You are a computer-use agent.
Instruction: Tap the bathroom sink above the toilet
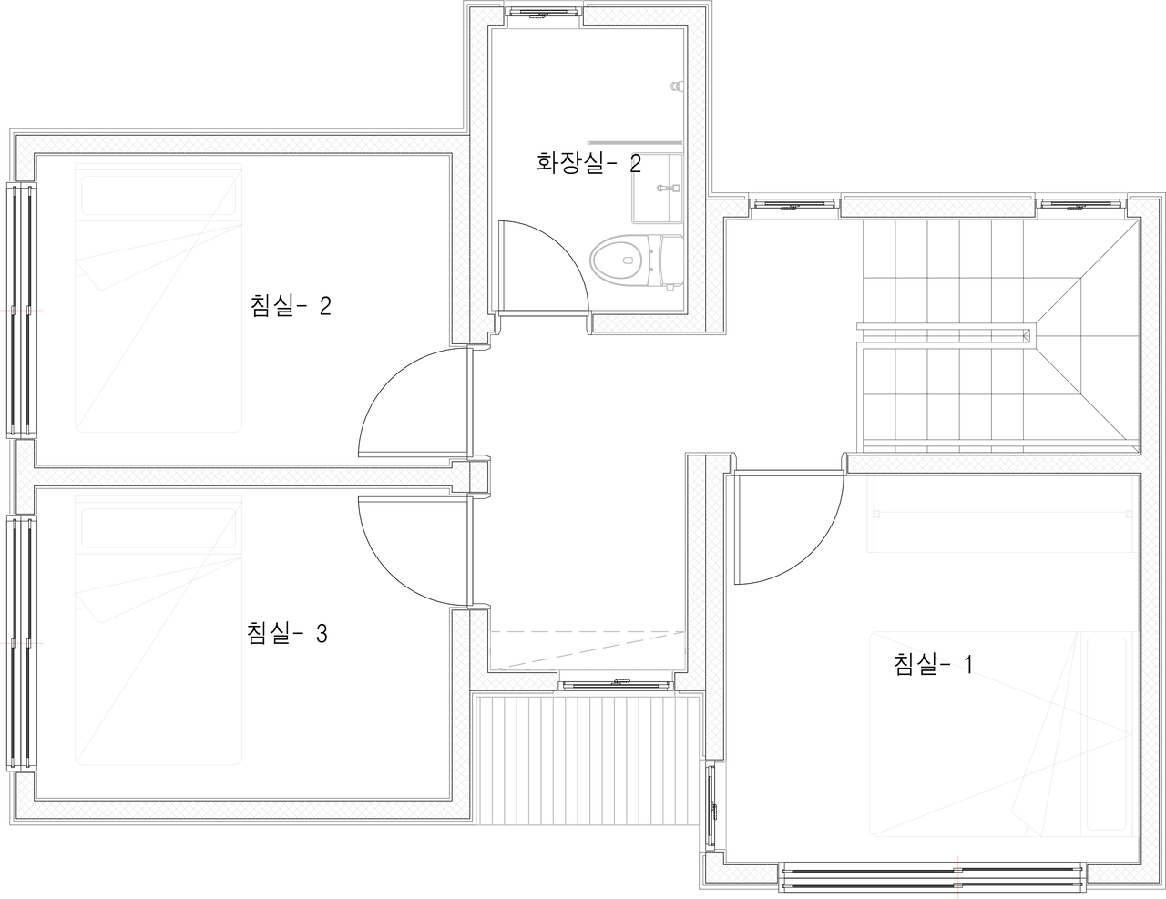coord(656,188)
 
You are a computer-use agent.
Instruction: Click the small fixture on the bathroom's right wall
coord(677,87)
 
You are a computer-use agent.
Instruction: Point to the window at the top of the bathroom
coord(543,16)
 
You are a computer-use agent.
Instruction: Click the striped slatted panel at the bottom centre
coord(587,761)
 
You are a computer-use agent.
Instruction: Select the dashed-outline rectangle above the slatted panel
coord(588,649)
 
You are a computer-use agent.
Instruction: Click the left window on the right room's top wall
coord(794,207)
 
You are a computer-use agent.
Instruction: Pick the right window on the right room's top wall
coord(1081,207)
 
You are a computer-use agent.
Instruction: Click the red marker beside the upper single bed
coord(22,311)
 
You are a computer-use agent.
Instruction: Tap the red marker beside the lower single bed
coord(22,643)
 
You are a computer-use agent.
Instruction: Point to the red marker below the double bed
coord(958,874)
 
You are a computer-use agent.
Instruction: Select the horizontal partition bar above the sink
coord(634,143)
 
